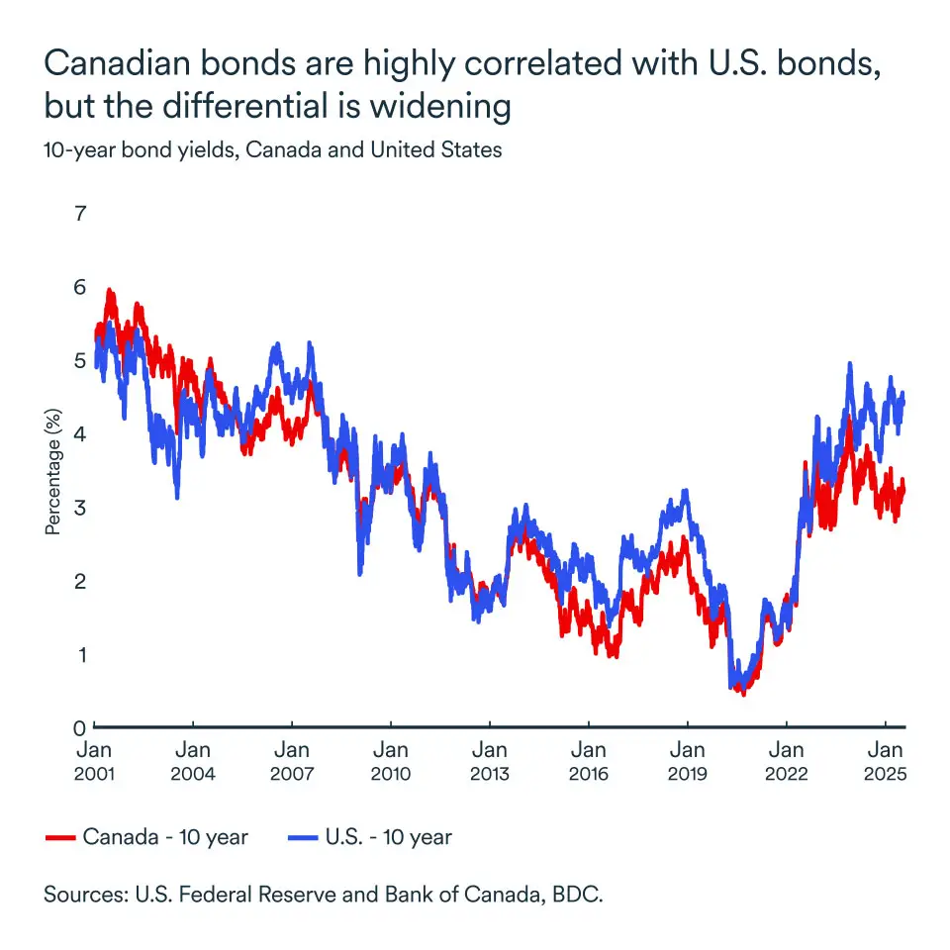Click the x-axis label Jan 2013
[489, 761]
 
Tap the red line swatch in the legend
[60, 838]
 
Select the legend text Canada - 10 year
[165, 837]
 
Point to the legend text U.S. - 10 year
[388, 837]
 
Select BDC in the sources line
[581, 895]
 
